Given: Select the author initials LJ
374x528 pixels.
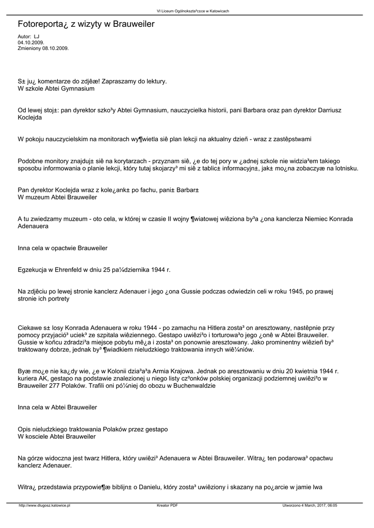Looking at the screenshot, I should tap(37, 37).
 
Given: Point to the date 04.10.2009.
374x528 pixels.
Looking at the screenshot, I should tap(31, 42).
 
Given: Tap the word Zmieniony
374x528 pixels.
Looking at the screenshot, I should tap(29, 48).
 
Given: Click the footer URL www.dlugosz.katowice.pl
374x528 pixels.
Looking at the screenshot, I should tap(44, 506).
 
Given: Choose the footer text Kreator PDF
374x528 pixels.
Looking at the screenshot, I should tap(167, 506).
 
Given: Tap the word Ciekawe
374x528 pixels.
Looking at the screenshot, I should tap(31, 328).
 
